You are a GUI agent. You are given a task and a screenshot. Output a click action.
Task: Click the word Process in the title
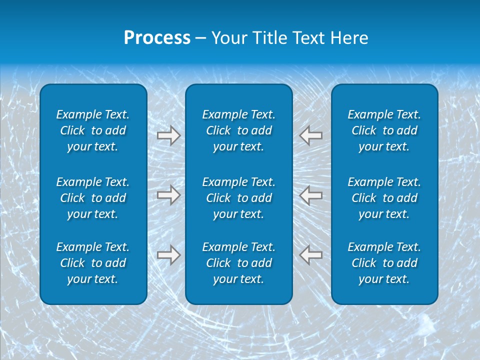coord(157,38)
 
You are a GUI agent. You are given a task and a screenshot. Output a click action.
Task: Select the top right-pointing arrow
coord(168,135)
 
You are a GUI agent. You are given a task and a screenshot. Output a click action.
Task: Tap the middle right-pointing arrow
coord(168,194)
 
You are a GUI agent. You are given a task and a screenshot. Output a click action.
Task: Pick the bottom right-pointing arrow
coord(168,254)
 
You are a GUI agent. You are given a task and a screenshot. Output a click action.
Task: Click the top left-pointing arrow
coord(311,135)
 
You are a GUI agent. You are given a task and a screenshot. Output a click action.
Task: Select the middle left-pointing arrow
coord(311,194)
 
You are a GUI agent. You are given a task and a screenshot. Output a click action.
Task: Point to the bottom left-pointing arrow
coord(311,254)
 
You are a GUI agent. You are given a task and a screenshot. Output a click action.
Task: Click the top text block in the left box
coord(93,130)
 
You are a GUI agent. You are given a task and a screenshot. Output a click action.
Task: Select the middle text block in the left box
coord(93,198)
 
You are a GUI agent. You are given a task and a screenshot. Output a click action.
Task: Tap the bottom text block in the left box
coord(93,263)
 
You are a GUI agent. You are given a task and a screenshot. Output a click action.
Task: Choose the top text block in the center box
coord(238,130)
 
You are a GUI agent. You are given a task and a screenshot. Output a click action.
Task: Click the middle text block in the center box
coord(238,198)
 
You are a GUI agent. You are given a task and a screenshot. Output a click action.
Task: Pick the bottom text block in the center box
coord(238,263)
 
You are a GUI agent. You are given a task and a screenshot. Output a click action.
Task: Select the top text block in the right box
coord(384,130)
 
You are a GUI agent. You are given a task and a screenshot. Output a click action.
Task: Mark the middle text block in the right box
coord(384,198)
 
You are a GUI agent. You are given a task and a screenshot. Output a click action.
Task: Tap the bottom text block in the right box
coord(384,263)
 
